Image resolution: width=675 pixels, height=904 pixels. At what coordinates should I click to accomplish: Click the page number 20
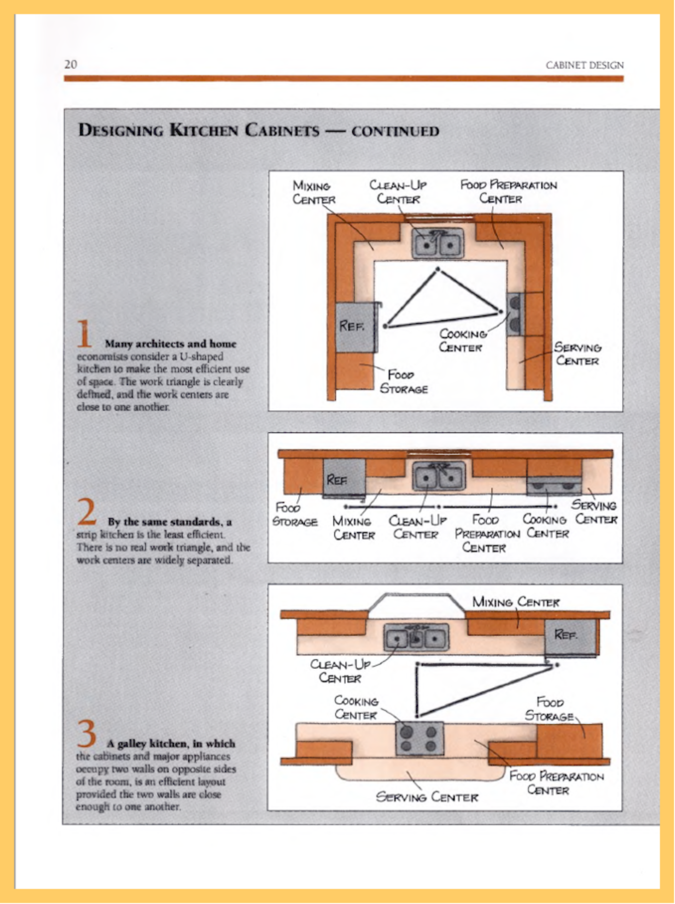coord(71,64)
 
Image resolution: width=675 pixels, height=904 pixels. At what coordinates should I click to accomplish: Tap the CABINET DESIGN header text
coord(584,65)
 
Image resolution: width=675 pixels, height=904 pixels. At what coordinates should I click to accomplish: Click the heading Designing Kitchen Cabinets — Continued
coord(258,130)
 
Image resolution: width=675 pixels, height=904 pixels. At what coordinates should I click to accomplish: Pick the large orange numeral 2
coord(87,512)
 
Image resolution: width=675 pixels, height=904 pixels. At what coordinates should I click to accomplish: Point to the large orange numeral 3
coord(87,734)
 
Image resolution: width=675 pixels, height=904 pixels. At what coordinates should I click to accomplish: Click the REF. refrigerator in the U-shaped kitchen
coord(355,327)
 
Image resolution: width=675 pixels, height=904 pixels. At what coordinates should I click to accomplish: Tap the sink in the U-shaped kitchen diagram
coord(437,243)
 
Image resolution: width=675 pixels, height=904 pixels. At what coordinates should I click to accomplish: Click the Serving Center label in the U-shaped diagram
coord(577,354)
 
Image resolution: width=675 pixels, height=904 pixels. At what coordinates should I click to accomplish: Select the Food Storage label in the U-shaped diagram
coord(404,382)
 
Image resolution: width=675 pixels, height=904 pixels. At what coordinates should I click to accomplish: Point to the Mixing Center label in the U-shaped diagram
coord(313,192)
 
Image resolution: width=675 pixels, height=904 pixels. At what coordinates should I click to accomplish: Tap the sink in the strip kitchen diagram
coord(439,476)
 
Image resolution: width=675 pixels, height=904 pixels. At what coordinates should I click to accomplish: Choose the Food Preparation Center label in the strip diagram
coord(486,533)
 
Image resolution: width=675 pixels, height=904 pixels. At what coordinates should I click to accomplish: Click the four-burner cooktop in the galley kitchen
coord(419,738)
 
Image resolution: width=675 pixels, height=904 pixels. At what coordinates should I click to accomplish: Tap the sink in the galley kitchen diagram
coord(416,638)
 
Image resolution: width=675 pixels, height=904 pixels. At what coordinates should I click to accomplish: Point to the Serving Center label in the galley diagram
coord(426,797)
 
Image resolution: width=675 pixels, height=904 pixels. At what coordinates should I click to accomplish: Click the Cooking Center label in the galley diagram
coord(356,708)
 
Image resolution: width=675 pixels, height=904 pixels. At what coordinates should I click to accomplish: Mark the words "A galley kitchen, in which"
coord(171,743)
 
